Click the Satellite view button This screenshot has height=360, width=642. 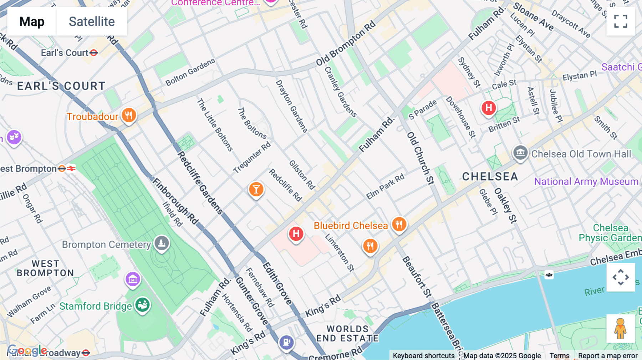click(92, 21)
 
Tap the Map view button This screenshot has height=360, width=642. click(32, 21)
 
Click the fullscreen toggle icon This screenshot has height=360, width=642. click(621, 21)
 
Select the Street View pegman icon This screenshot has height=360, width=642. click(621, 328)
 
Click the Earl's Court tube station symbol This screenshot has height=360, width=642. click(94, 53)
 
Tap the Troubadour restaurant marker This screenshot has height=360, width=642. click(129, 115)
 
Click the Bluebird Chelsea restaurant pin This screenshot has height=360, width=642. click(399, 224)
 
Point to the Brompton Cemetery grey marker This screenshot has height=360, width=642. click(162, 243)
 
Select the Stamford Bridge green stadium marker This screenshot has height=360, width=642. click(143, 305)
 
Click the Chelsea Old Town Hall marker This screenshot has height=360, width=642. click(520, 153)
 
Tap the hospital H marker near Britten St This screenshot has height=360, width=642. click(489, 108)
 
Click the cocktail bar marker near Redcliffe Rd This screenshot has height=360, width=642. click(256, 189)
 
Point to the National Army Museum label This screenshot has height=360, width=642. click(586, 181)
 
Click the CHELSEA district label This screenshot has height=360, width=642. click(490, 176)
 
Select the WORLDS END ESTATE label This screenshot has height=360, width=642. click(347, 334)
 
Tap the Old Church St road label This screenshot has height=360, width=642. click(421, 158)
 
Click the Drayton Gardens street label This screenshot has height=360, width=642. click(291, 106)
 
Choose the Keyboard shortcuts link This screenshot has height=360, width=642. click(423, 356)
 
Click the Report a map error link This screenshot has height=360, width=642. click(608, 356)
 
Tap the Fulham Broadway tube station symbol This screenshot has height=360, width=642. click(86, 353)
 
